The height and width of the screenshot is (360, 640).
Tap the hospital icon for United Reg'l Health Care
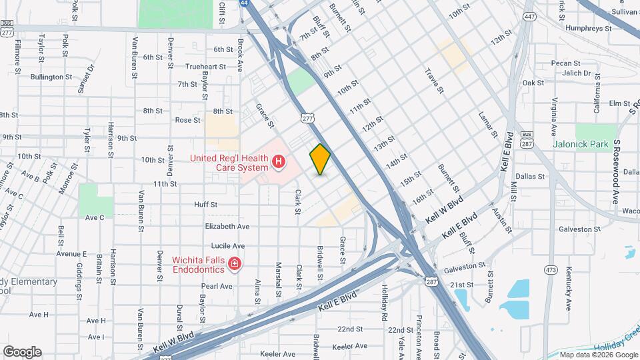pos(279,161)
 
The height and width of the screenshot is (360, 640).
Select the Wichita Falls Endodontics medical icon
pos(234,265)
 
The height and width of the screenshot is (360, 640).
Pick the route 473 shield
pos(550,269)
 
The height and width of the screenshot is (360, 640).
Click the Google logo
pos(22,352)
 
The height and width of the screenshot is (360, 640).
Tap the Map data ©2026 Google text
pos(597,355)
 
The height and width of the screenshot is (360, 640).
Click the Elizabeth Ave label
pos(227,227)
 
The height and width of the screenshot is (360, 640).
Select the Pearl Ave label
pos(217,286)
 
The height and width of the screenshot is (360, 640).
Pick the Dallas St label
pos(530,177)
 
